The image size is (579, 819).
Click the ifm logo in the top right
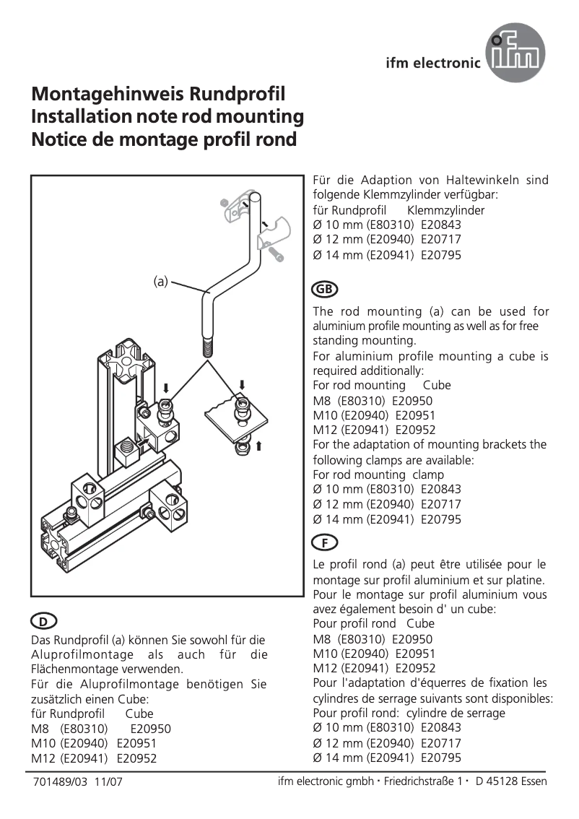515,52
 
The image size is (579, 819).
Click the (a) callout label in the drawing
160,281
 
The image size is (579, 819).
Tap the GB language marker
325,289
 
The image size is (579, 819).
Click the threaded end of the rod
207,350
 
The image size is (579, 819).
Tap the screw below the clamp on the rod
276,253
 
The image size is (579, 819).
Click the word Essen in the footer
533,781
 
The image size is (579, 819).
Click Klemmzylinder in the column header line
446,210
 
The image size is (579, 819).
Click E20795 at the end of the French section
440,758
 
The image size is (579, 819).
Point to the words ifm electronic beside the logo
433,63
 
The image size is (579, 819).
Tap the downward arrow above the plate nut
243,383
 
